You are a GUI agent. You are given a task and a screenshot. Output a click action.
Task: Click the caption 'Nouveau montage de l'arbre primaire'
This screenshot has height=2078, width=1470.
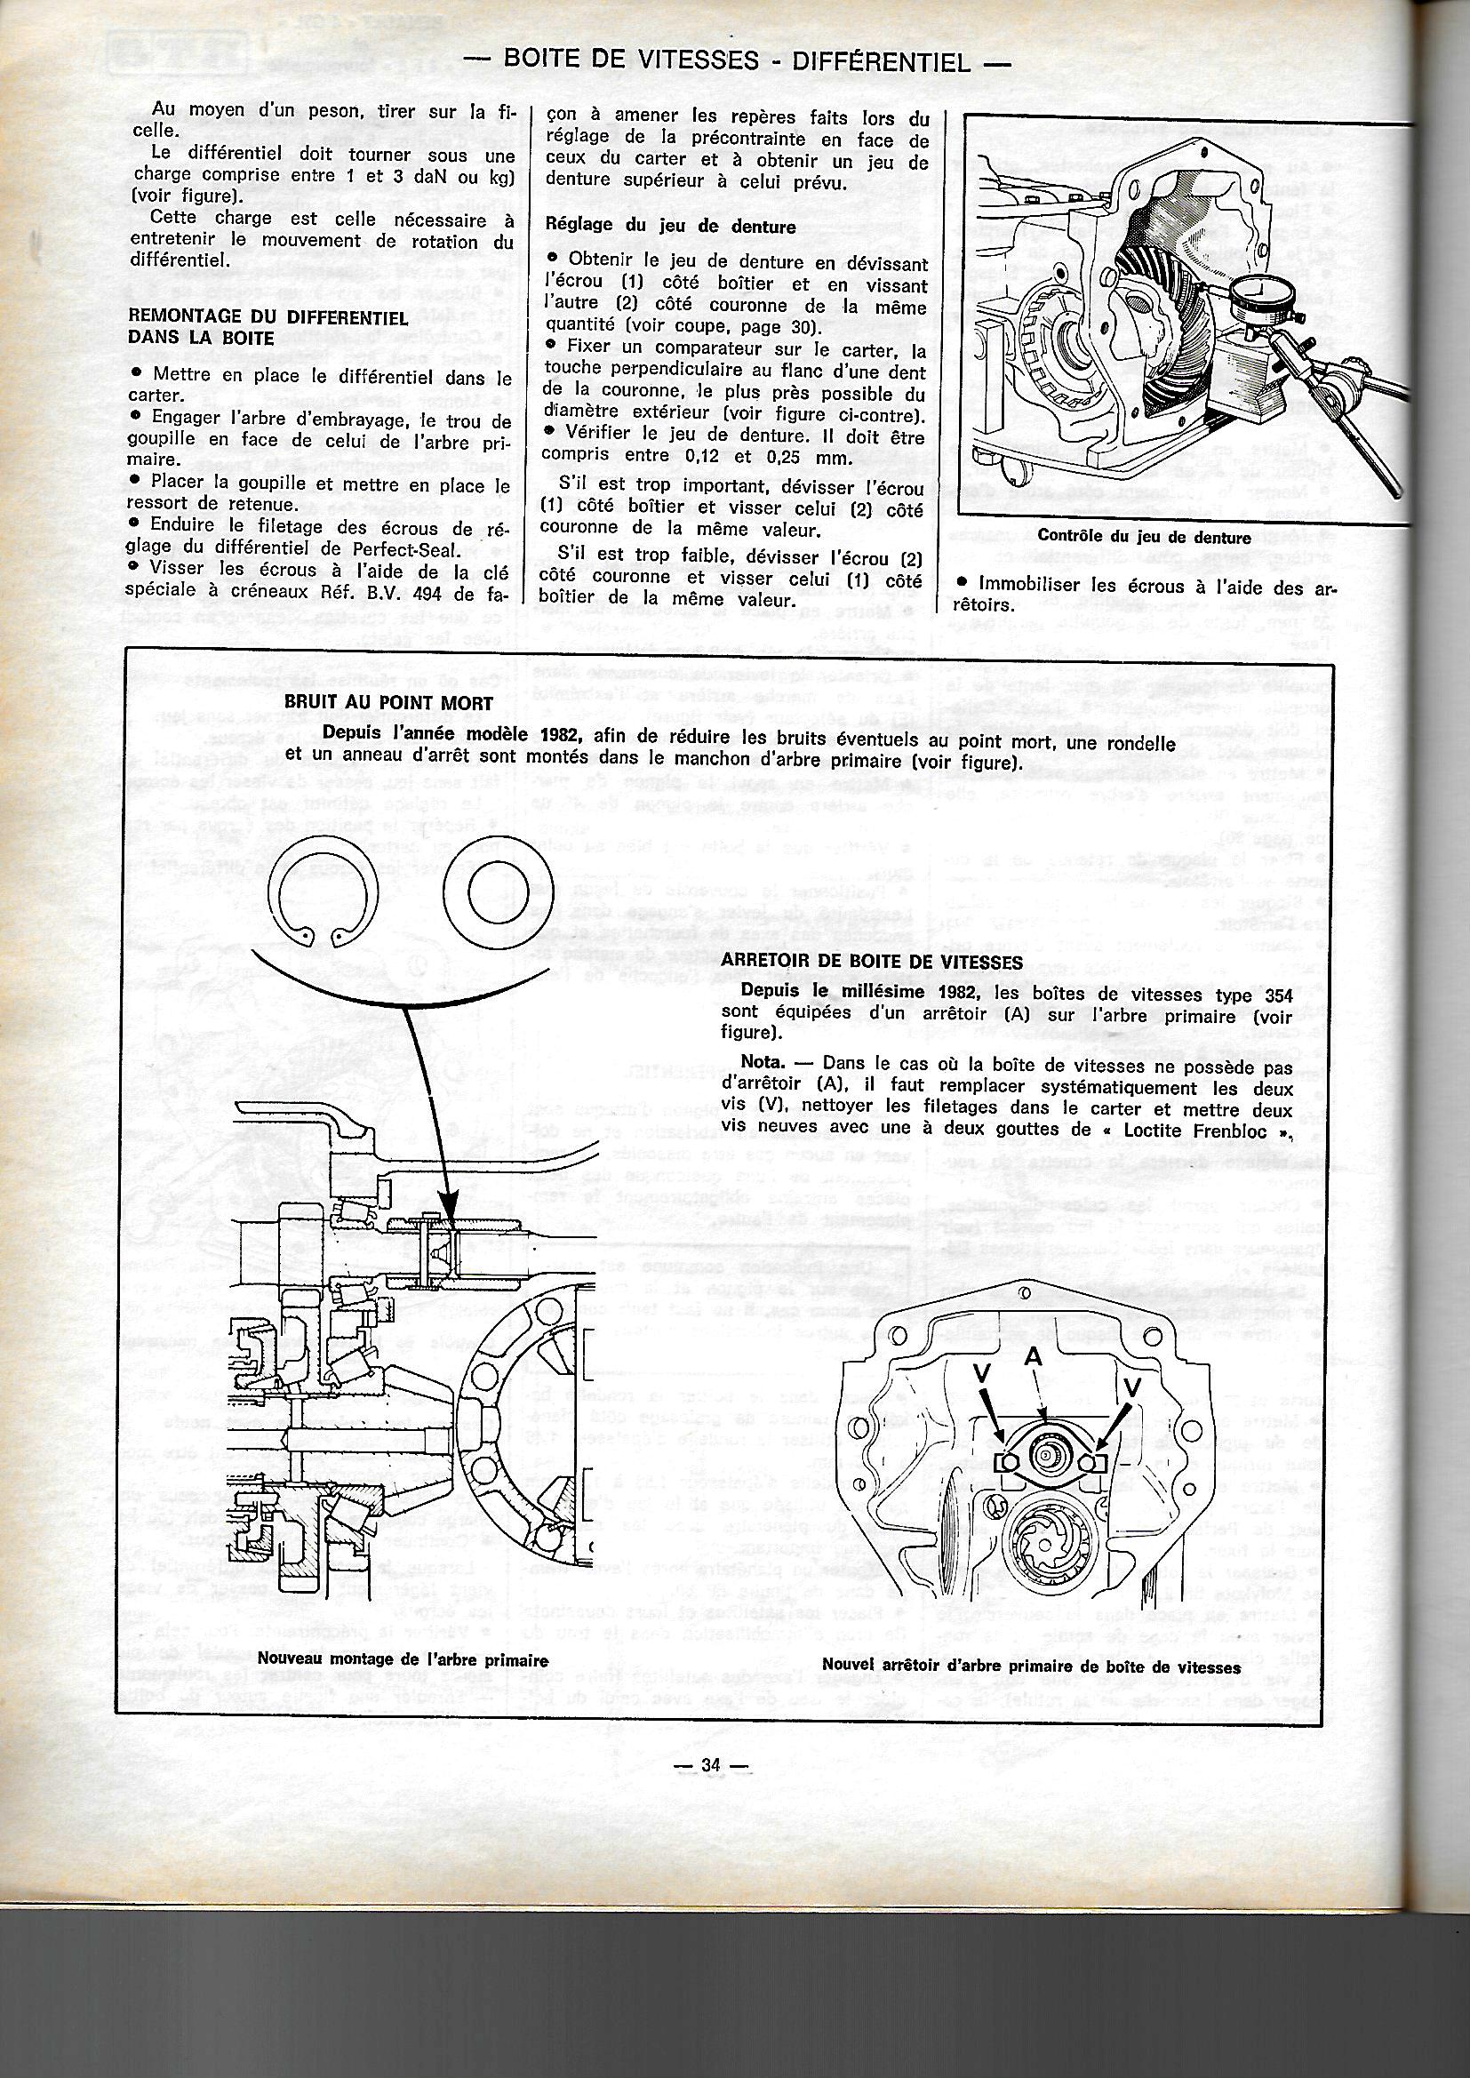[403, 1932]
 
